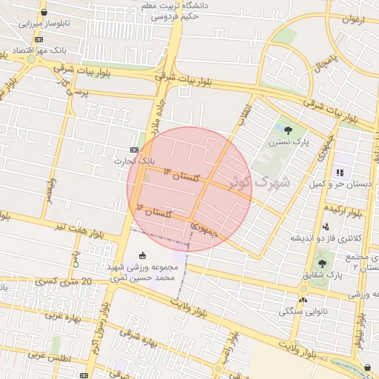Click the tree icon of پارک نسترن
[x=298, y=130]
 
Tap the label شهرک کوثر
[x=261, y=181]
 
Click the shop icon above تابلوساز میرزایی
[x=44, y=13]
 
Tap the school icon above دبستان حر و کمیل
[x=340, y=172]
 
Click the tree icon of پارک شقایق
[x=321, y=263]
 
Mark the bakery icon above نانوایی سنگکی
[x=303, y=300]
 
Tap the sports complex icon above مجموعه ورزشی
[x=143, y=255]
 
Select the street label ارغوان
[x=354, y=19]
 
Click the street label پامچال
[x=325, y=64]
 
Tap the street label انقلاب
[x=244, y=113]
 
